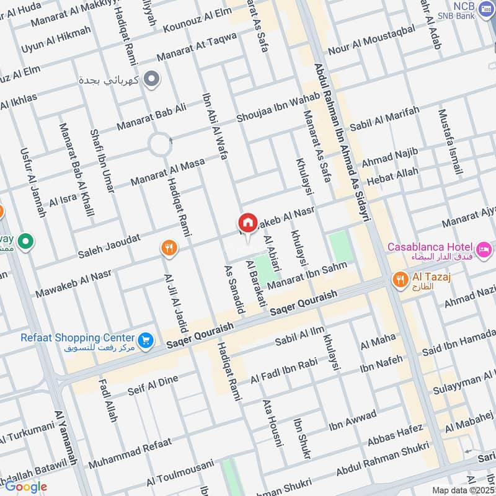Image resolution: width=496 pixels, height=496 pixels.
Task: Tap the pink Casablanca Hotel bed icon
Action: click(485, 249)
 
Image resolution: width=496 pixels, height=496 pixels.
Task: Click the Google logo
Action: click(26, 486)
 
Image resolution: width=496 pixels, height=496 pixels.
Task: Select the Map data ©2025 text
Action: click(463, 490)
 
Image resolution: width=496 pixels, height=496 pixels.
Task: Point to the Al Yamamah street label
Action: click(66, 438)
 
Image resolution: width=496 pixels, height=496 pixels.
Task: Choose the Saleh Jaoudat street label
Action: click(109, 246)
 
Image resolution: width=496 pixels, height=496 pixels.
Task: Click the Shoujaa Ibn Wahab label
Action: click(278, 107)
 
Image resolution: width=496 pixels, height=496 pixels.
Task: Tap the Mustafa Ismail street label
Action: click(451, 141)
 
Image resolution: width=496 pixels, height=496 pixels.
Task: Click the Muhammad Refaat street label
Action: click(126, 453)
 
